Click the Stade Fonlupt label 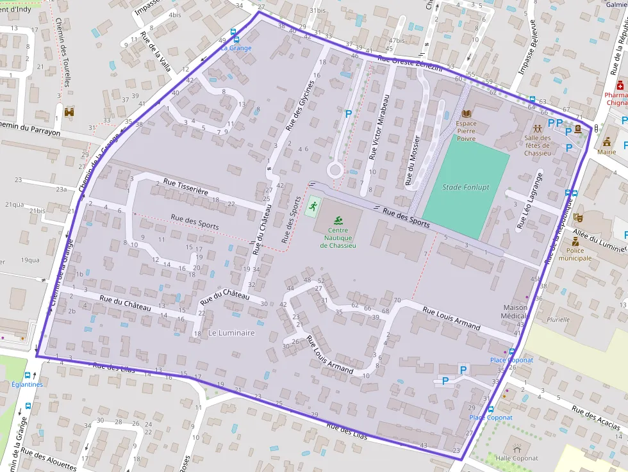point(467,187)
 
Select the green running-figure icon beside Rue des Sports point(313,206)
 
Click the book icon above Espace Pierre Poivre point(466,113)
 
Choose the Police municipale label point(575,254)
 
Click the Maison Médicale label point(515,312)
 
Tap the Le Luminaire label point(231,333)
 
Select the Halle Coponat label point(516,459)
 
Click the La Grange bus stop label point(236,48)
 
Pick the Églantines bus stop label point(27,385)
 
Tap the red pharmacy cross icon point(619,86)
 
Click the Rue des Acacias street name point(596,418)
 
